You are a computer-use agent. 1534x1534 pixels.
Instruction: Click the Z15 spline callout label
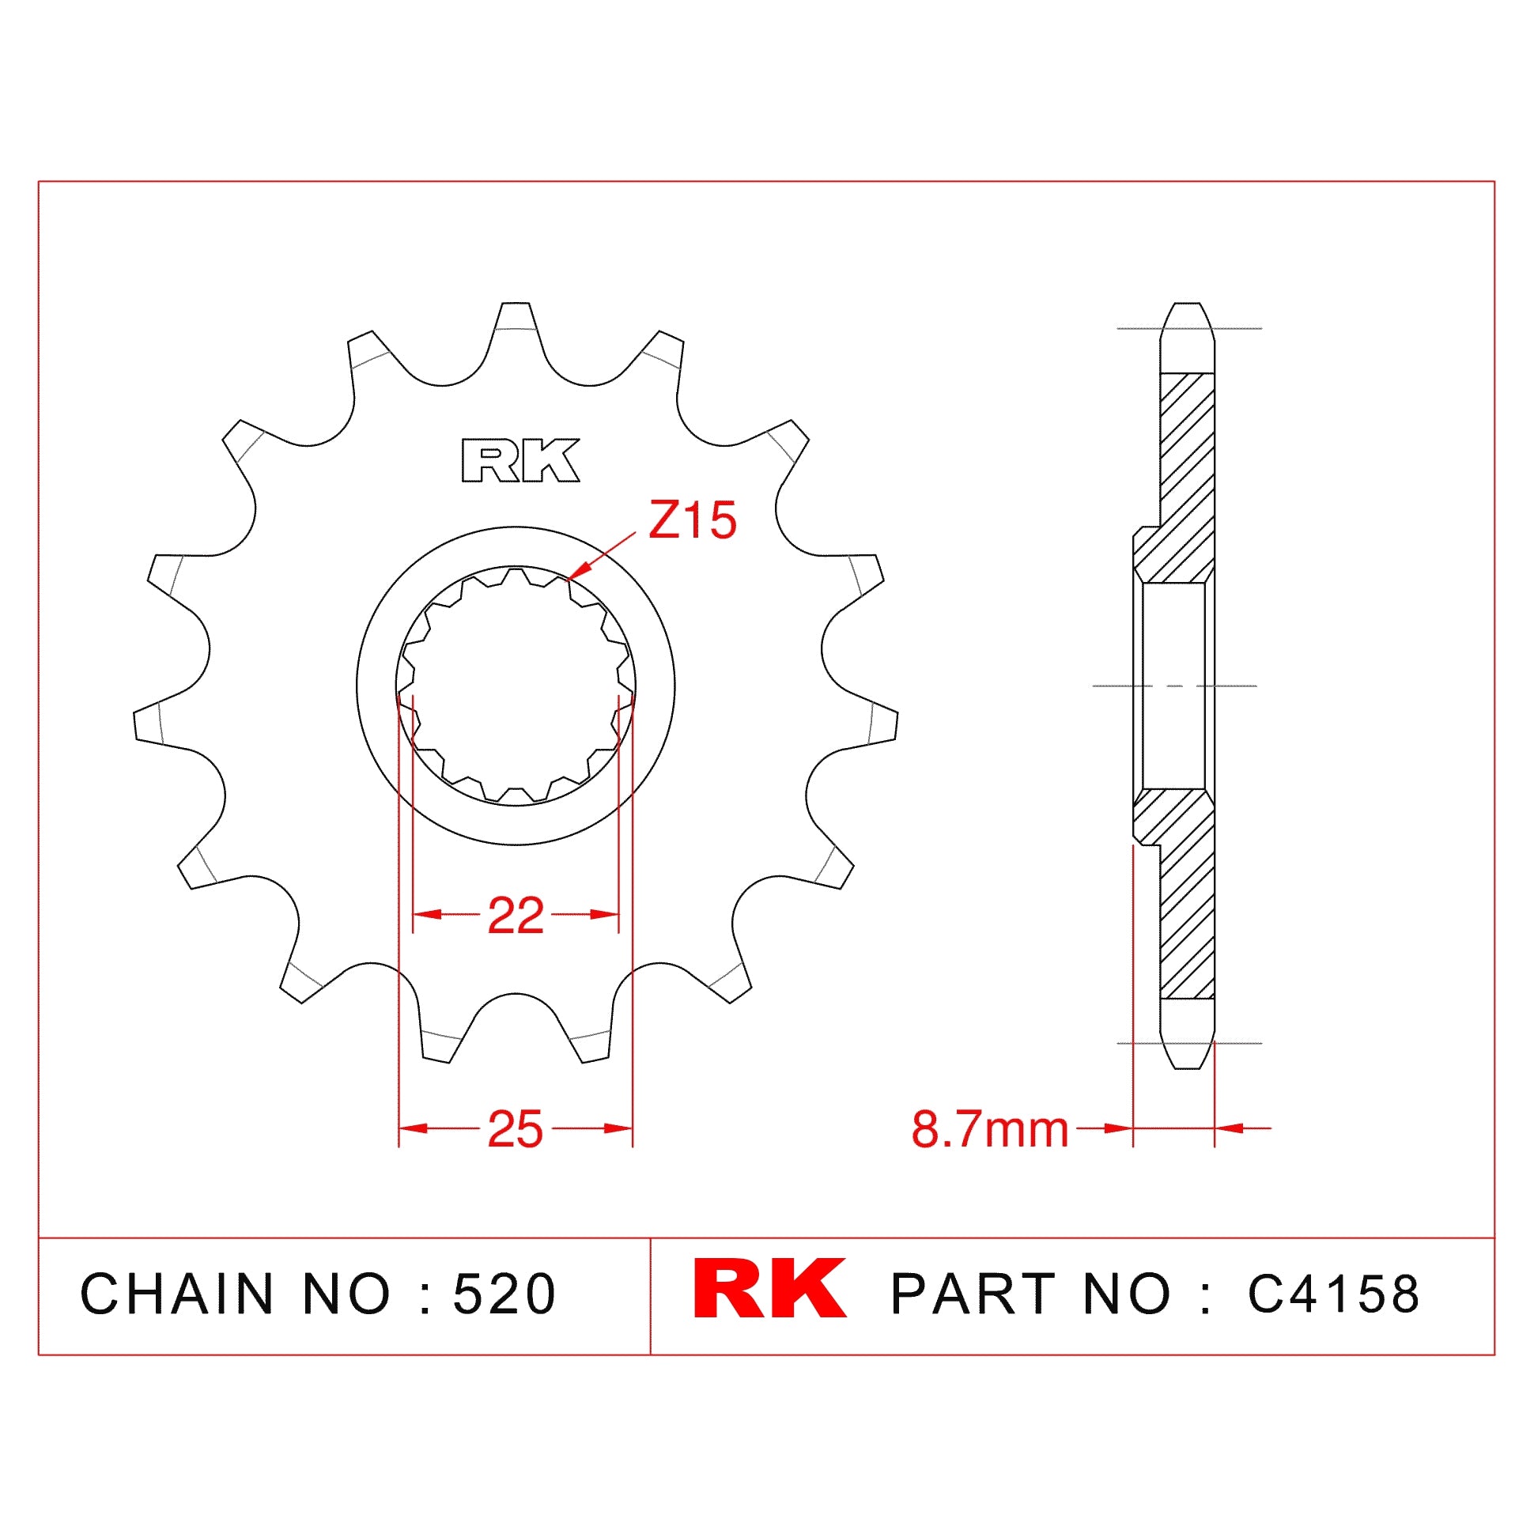point(692,521)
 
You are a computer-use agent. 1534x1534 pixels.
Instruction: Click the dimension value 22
point(516,916)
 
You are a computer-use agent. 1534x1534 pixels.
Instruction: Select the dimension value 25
point(516,1129)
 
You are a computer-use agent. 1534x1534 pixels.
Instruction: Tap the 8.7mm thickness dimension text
point(989,1129)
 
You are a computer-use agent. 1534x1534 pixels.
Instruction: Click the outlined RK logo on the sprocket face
point(520,460)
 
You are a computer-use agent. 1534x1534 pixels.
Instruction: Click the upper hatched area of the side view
point(1186,476)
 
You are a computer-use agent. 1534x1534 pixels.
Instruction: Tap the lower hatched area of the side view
point(1186,913)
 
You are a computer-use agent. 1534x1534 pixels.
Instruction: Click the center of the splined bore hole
point(516,686)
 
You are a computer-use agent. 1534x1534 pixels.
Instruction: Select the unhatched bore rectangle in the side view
point(1173,686)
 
